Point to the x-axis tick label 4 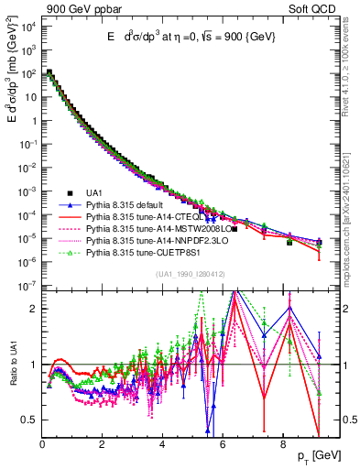coord(162,445)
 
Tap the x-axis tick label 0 coord(42,445)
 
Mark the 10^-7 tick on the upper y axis coord(27,286)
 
